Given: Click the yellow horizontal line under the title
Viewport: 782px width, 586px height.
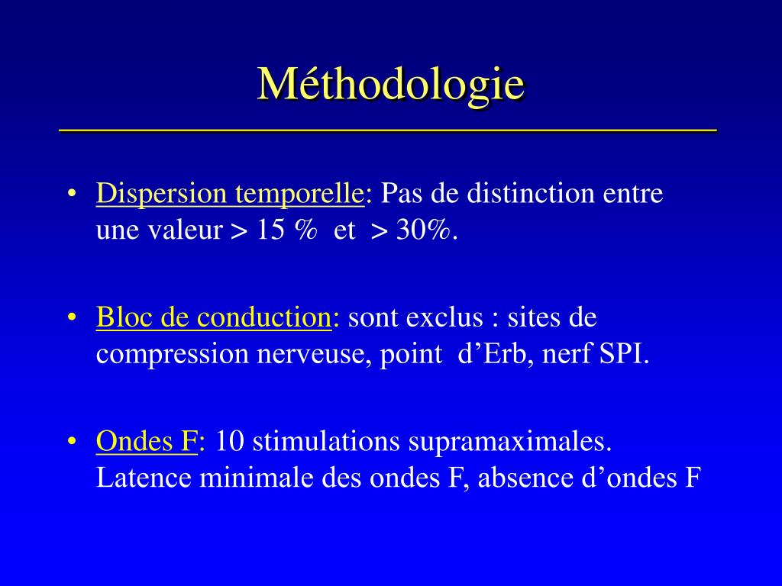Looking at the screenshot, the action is (x=388, y=130).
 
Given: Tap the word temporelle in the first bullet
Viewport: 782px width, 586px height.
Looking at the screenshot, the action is (x=299, y=195).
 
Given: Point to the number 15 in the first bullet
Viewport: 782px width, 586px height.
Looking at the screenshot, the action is (x=270, y=230).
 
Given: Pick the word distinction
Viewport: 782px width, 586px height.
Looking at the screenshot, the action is (x=531, y=193).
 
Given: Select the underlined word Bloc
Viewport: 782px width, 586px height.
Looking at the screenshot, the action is (x=124, y=317).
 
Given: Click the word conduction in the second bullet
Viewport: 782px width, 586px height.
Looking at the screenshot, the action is (x=264, y=317).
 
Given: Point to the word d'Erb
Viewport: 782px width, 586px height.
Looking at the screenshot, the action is (x=492, y=354).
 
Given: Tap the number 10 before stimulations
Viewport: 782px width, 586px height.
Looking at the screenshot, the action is (x=230, y=441).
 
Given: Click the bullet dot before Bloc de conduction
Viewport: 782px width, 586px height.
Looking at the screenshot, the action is (x=73, y=317).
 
